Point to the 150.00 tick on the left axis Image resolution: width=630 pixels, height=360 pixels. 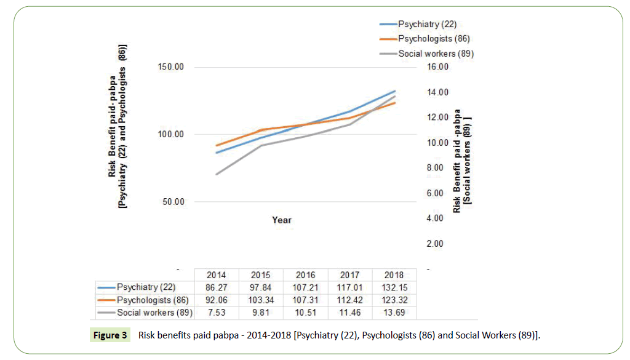pyautogui.click(x=171, y=67)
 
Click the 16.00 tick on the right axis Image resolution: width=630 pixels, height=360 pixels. pyautogui.click(x=431, y=67)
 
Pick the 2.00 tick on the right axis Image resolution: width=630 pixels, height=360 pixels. pyautogui.click(x=434, y=244)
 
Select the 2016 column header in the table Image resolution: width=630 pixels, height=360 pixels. pyautogui.click(x=306, y=275)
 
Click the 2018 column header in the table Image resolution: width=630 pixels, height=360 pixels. pyautogui.click(x=394, y=275)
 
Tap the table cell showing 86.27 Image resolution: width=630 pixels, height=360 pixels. pyautogui.click(x=217, y=287)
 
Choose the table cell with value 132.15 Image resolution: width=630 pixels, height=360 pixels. pyautogui.click(x=394, y=287)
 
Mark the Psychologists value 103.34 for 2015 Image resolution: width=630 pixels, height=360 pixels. pyautogui.click(x=261, y=300)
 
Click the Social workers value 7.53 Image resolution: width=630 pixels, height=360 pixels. pyautogui.click(x=217, y=313)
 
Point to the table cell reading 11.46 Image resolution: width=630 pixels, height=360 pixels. pyautogui.click(x=349, y=313)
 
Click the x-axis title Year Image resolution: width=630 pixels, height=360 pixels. pyautogui.click(x=282, y=220)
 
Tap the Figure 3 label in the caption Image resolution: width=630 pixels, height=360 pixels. pyautogui.click(x=111, y=335)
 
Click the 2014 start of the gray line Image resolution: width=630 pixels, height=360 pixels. pyautogui.click(x=217, y=174)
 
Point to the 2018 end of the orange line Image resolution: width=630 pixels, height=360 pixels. pyautogui.click(x=394, y=103)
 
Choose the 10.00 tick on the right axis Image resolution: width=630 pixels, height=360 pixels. pyautogui.click(x=431, y=143)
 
